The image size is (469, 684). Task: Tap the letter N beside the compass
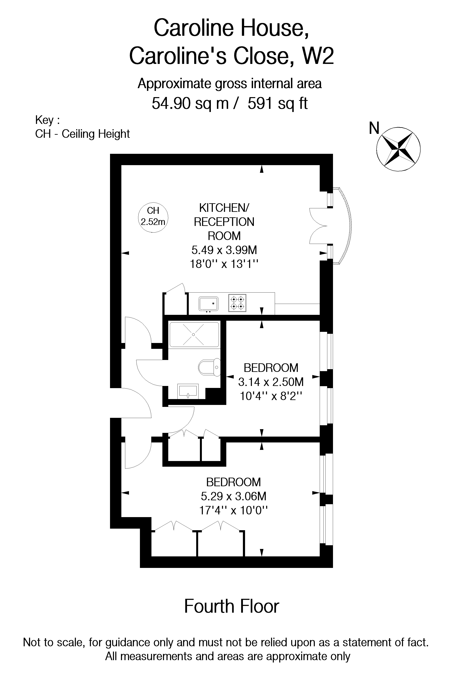[x=374, y=128]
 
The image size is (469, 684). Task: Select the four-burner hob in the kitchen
[x=237, y=303]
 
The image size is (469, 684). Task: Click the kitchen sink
[x=208, y=304]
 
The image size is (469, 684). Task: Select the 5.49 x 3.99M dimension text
[x=224, y=250]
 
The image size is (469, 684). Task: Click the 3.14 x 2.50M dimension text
[x=271, y=382]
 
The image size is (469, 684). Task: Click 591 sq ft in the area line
[x=277, y=103]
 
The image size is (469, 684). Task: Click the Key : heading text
[x=47, y=120]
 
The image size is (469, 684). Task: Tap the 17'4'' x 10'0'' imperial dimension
[x=233, y=510]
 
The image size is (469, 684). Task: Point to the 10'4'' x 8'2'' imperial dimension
[x=271, y=396]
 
